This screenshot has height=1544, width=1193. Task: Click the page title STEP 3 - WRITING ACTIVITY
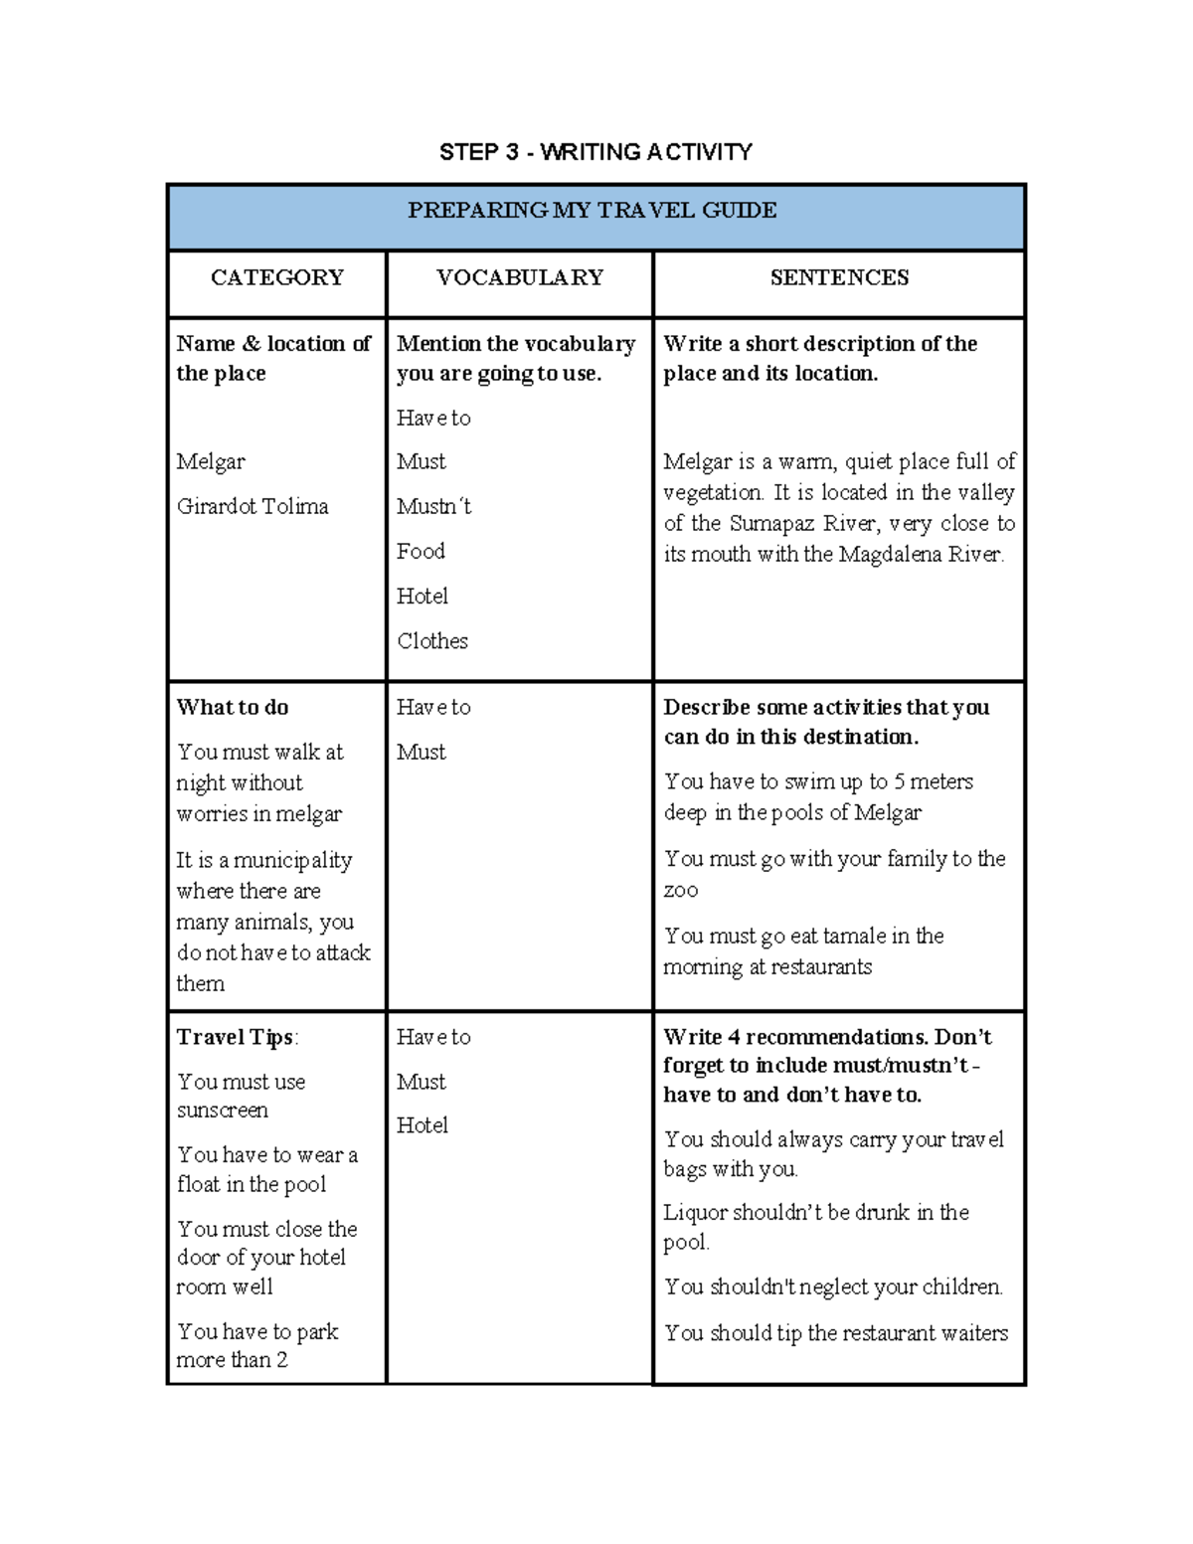[x=596, y=152]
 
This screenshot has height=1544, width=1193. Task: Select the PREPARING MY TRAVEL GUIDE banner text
[x=593, y=211]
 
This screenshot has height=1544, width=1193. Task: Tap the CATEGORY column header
[x=277, y=277]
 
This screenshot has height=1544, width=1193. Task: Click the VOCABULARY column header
[x=520, y=277]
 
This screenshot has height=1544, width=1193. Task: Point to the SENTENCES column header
[x=839, y=277]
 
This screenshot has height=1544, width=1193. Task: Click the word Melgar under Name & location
[x=211, y=462]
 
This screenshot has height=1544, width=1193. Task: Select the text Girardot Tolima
[x=253, y=506]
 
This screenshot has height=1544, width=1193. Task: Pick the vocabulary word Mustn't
[x=433, y=506]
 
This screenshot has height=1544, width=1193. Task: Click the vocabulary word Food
[x=421, y=551]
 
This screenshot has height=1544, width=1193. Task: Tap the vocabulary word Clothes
[x=432, y=641]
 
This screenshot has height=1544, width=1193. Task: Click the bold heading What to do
[x=233, y=708]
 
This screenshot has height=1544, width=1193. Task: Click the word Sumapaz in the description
[x=770, y=524]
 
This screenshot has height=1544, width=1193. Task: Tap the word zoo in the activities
[x=681, y=891]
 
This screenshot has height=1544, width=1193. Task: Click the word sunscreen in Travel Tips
[x=223, y=1111]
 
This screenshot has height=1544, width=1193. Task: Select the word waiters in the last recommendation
[x=974, y=1333]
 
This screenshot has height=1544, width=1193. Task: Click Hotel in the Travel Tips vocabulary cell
[x=423, y=1125]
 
